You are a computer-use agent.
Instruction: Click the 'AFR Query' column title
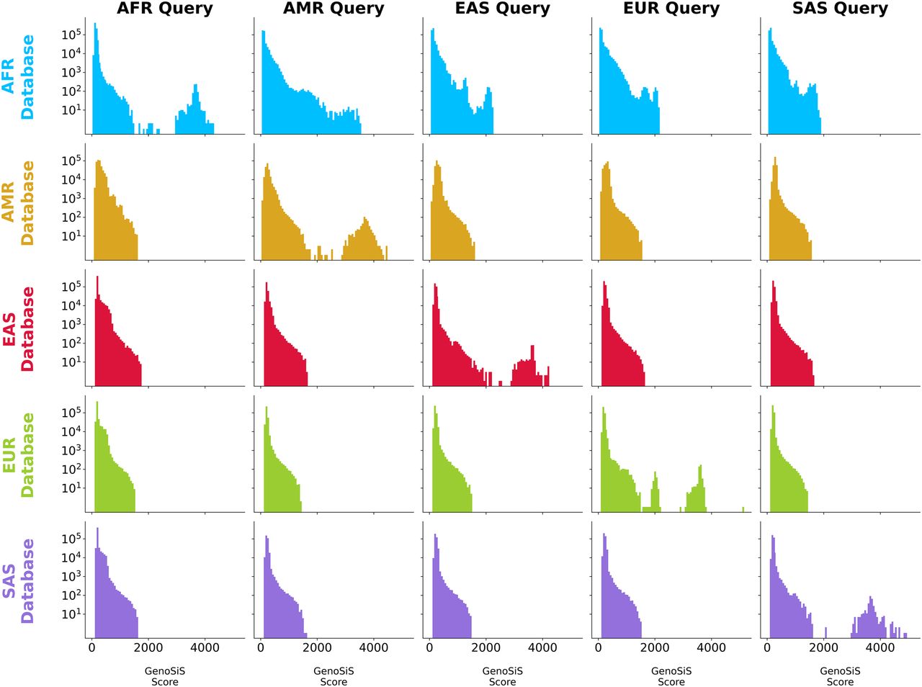coord(165,9)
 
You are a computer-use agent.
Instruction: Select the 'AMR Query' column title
coord(334,9)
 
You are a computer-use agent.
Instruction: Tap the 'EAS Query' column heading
coord(502,9)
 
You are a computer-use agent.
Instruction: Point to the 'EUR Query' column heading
coord(671,9)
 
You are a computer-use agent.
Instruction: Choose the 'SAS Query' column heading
coord(840,9)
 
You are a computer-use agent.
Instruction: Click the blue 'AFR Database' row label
coord(17,77)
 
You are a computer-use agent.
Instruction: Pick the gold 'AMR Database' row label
coord(17,203)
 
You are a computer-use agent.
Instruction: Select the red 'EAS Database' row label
coord(17,329)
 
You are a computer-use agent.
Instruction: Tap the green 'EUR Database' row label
coord(17,455)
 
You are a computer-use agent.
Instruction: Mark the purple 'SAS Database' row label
coord(17,580)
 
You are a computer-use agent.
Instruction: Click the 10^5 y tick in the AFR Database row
coord(71,35)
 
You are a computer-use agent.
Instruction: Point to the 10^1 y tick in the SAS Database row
coord(71,614)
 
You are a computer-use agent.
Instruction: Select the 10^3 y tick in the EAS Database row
coord(71,324)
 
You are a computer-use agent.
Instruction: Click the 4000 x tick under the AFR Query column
coord(205,647)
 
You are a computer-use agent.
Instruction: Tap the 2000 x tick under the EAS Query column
coord(485,647)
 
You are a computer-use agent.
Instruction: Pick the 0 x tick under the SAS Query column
coord(767,647)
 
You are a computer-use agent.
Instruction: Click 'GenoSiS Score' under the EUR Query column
coord(671,676)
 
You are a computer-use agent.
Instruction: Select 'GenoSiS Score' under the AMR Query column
coord(334,676)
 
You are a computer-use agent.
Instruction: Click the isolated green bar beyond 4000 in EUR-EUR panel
coord(743,509)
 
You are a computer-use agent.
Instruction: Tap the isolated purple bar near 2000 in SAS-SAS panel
coord(825,632)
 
